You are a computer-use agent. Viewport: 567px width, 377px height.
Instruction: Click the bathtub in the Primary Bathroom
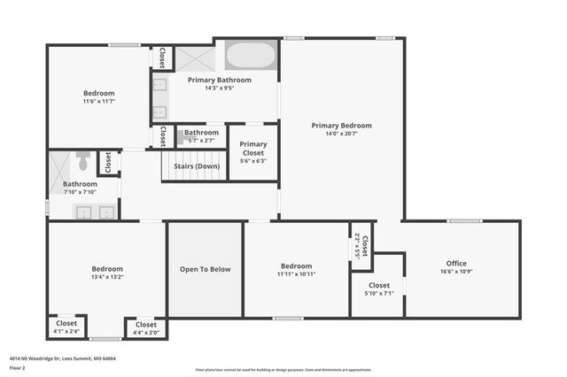click(x=252, y=56)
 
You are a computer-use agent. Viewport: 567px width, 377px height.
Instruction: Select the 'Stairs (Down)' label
click(x=196, y=165)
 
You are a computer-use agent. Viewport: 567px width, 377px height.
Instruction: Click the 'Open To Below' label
click(x=205, y=269)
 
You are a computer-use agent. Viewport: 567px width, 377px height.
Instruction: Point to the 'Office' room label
click(x=456, y=264)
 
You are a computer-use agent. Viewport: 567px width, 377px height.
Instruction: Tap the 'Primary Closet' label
click(x=253, y=148)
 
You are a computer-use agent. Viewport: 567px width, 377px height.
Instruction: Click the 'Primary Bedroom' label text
click(x=341, y=126)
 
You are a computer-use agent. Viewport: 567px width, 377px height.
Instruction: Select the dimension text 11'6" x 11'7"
click(x=98, y=102)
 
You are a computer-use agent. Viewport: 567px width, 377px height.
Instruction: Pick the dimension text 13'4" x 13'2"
click(x=107, y=277)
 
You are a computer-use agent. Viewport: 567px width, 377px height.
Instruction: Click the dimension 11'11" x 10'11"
click(x=296, y=274)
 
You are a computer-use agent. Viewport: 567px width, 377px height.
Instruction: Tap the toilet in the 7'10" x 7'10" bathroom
click(x=82, y=162)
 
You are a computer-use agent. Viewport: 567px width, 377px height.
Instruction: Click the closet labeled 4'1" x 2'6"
click(x=66, y=327)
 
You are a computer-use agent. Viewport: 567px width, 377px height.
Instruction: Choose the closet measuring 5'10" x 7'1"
click(x=378, y=289)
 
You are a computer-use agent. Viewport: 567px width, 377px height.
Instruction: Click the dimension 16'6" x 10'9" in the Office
click(x=456, y=273)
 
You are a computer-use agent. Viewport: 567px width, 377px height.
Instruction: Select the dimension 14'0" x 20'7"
click(x=341, y=135)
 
